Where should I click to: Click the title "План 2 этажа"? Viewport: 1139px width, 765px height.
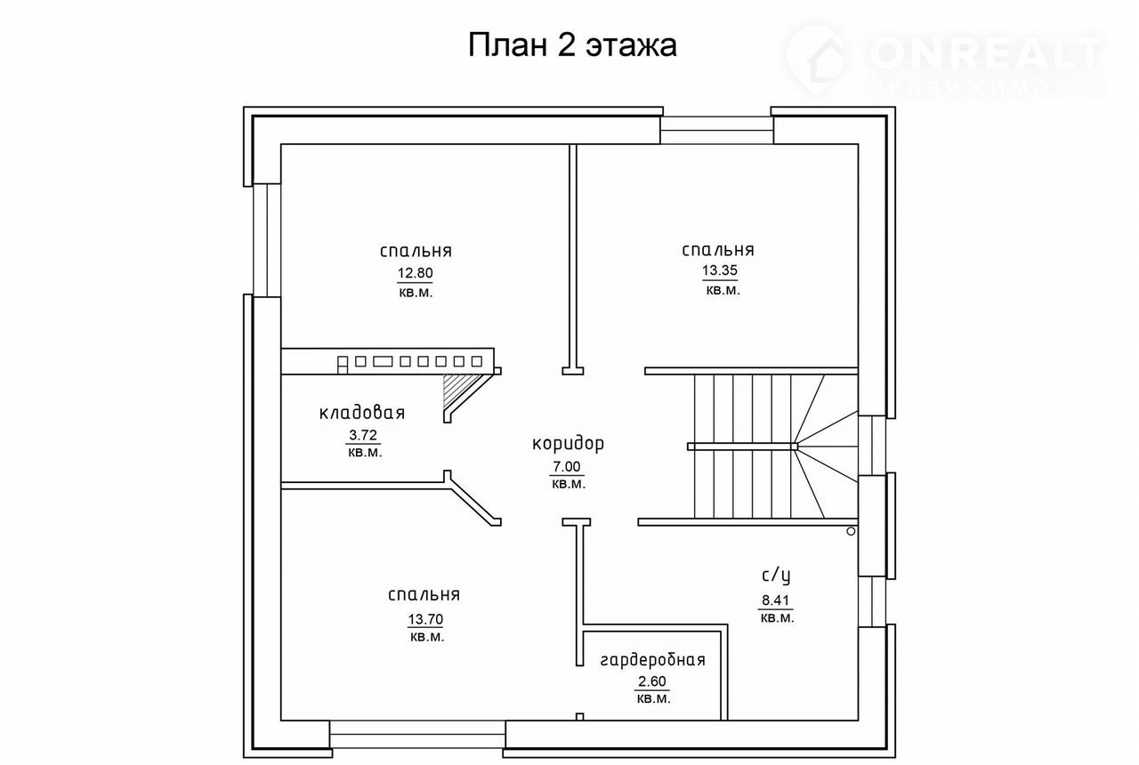pyautogui.click(x=572, y=45)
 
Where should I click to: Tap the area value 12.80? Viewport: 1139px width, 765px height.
pyautogui.click(x=415, y=273)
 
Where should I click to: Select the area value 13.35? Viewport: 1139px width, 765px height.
pyautogui.click(x=720, y=270)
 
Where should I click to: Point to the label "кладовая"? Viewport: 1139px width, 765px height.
pyautogui.click(x=362, y=413)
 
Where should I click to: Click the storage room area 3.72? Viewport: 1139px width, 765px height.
pyautogui.click(x=363, y=435)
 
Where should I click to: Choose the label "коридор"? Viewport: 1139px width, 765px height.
pyautogui.click(x=568, y=444)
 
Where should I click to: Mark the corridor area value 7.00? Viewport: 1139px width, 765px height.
pyautogui.click(x=567, y=467)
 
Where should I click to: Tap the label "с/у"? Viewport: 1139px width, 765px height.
pyautogui.click(x=776, y=575)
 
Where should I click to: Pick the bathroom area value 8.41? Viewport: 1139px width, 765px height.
pyautogui.click(x=775, y=600)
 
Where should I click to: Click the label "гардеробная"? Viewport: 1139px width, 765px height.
pyautogui.click(x=653, y=660)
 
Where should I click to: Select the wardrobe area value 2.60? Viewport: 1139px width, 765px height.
pyautogui.click(x=652, y=681)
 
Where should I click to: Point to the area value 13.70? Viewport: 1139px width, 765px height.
pyautogui.click(x=425, y=619)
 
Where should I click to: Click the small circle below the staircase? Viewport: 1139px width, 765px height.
pyautogui.click(x=851, y=532)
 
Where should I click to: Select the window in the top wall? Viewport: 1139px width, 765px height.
pyautogui.click(x=717, y=130)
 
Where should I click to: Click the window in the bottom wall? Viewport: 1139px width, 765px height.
pyautogui.click(x=417, y=734)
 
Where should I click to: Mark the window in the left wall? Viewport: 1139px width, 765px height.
pyautogui.click(x=267, y=240)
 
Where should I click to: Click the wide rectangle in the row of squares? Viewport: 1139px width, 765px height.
pyautogui.click(x=383, y=361)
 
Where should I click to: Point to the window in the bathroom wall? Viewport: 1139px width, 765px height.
pyautogui.click(x=872, y=602)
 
